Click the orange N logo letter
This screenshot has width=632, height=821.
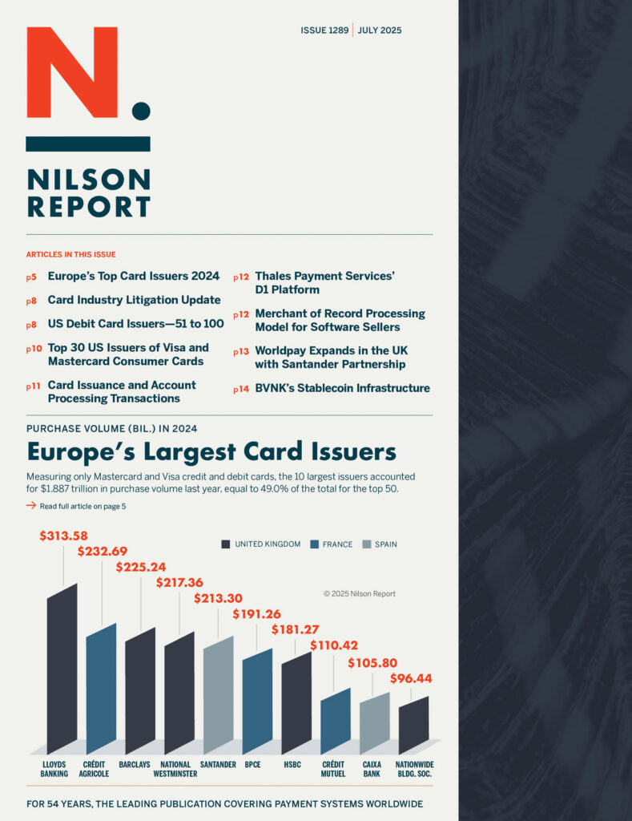click(72, 72)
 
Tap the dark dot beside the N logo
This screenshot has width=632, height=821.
click(141, 111)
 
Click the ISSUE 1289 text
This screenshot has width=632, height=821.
click(324, 30)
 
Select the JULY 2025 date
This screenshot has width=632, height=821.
click(380, 30)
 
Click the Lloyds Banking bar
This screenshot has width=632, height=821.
click(62, 669)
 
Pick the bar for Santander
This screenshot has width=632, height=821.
click(218, 695)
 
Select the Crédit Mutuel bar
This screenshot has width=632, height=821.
click(336, 721)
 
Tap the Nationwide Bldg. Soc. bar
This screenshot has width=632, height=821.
click(414, 725)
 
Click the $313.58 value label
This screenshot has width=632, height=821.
click(64, 536)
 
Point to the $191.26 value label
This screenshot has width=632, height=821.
click(257, 613)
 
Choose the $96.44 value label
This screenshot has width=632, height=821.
click(411, 678)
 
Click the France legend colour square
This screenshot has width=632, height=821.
click(315, 544)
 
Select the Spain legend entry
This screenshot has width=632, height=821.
click(380, 544)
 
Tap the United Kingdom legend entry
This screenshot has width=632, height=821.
click(261, 544)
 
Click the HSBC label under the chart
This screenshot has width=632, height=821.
click(292, 764)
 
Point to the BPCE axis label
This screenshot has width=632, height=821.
click(252, 764)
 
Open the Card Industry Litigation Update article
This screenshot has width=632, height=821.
click(134, 300)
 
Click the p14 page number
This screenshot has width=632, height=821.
click(241, 389)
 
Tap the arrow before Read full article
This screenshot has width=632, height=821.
click(31, 505)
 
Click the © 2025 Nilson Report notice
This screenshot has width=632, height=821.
click(360, 594)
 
